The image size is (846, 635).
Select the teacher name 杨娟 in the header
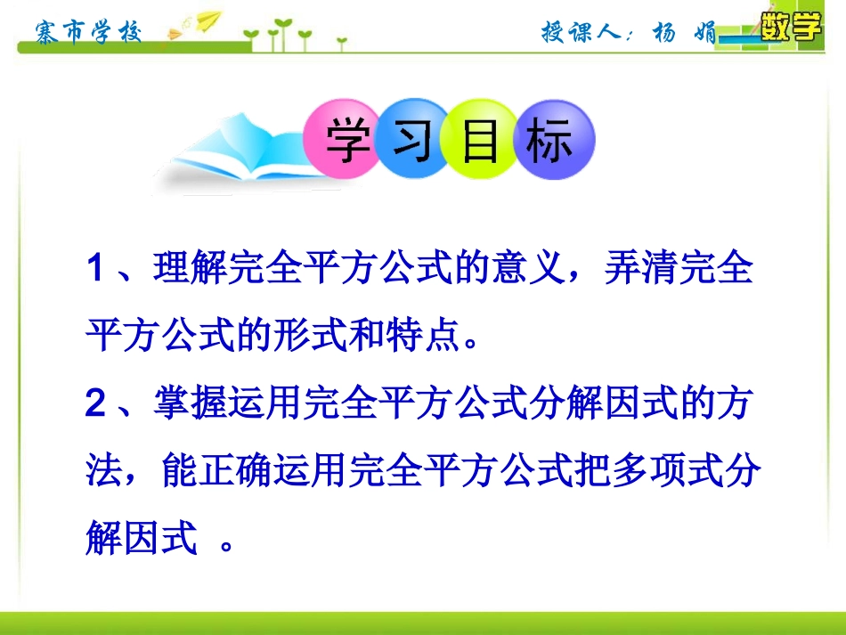click(x=683, y=33)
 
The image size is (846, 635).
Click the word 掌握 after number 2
click(x=187, y=404)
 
